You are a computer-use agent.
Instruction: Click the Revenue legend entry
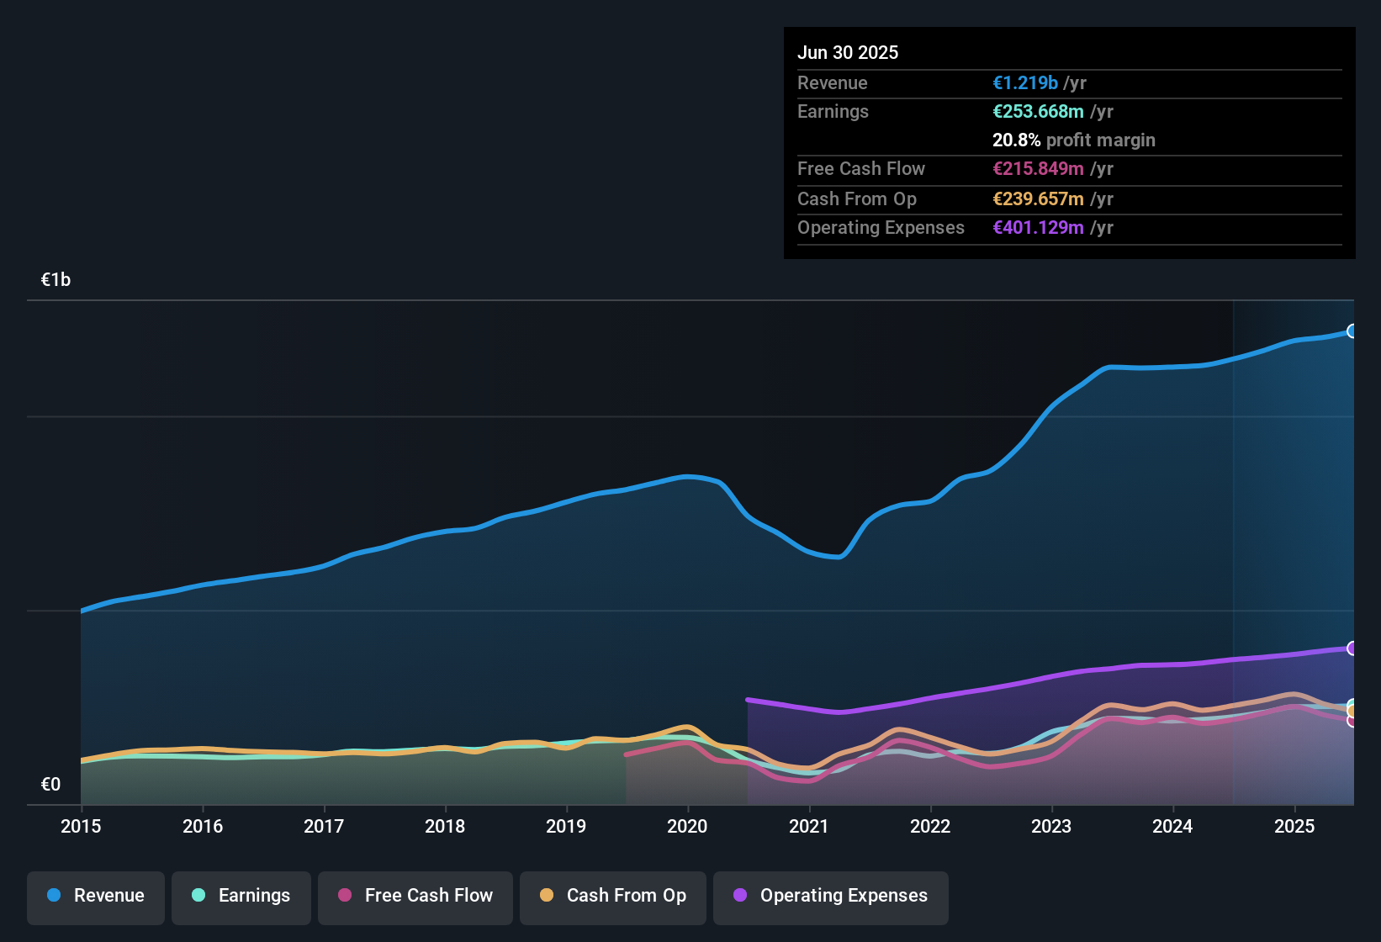[96, 896]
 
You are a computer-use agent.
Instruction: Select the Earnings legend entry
[241, 896]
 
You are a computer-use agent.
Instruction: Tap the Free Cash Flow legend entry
[415, 896]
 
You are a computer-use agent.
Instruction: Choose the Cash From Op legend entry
[613, 896]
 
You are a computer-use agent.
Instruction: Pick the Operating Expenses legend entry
[831, 896]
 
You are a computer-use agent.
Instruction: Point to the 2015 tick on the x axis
[81, 826]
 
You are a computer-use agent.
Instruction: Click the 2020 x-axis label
[687, 826]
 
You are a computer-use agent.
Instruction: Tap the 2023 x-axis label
[1051, 826]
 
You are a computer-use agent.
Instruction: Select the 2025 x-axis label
[1294, 826]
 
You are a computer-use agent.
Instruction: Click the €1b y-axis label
[56, 280]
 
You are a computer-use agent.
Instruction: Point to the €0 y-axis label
[50, 785]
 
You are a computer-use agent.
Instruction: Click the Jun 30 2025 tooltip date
[848, 53]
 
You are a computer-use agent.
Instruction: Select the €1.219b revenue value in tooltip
[1025, 83]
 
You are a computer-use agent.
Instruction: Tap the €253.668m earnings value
[1038, 112]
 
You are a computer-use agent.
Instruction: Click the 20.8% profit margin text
[1073, 140]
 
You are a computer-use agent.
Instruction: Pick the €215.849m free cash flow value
[1038, 169]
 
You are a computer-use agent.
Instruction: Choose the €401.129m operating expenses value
[1038, 228]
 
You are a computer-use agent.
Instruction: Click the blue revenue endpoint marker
[1352, 331]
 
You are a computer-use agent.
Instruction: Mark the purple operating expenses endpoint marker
[1352, 648]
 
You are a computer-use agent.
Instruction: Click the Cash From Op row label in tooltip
[856, 199]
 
